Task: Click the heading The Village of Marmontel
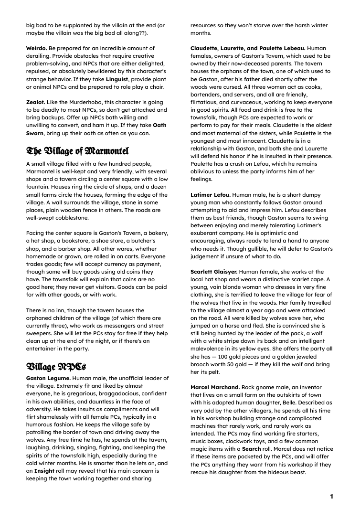[77, 151]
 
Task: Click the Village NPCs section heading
[56, 366]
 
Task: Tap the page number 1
[331, 497]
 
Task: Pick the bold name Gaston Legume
[48, 378]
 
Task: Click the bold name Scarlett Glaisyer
[214, 272]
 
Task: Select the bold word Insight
[44, 471]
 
